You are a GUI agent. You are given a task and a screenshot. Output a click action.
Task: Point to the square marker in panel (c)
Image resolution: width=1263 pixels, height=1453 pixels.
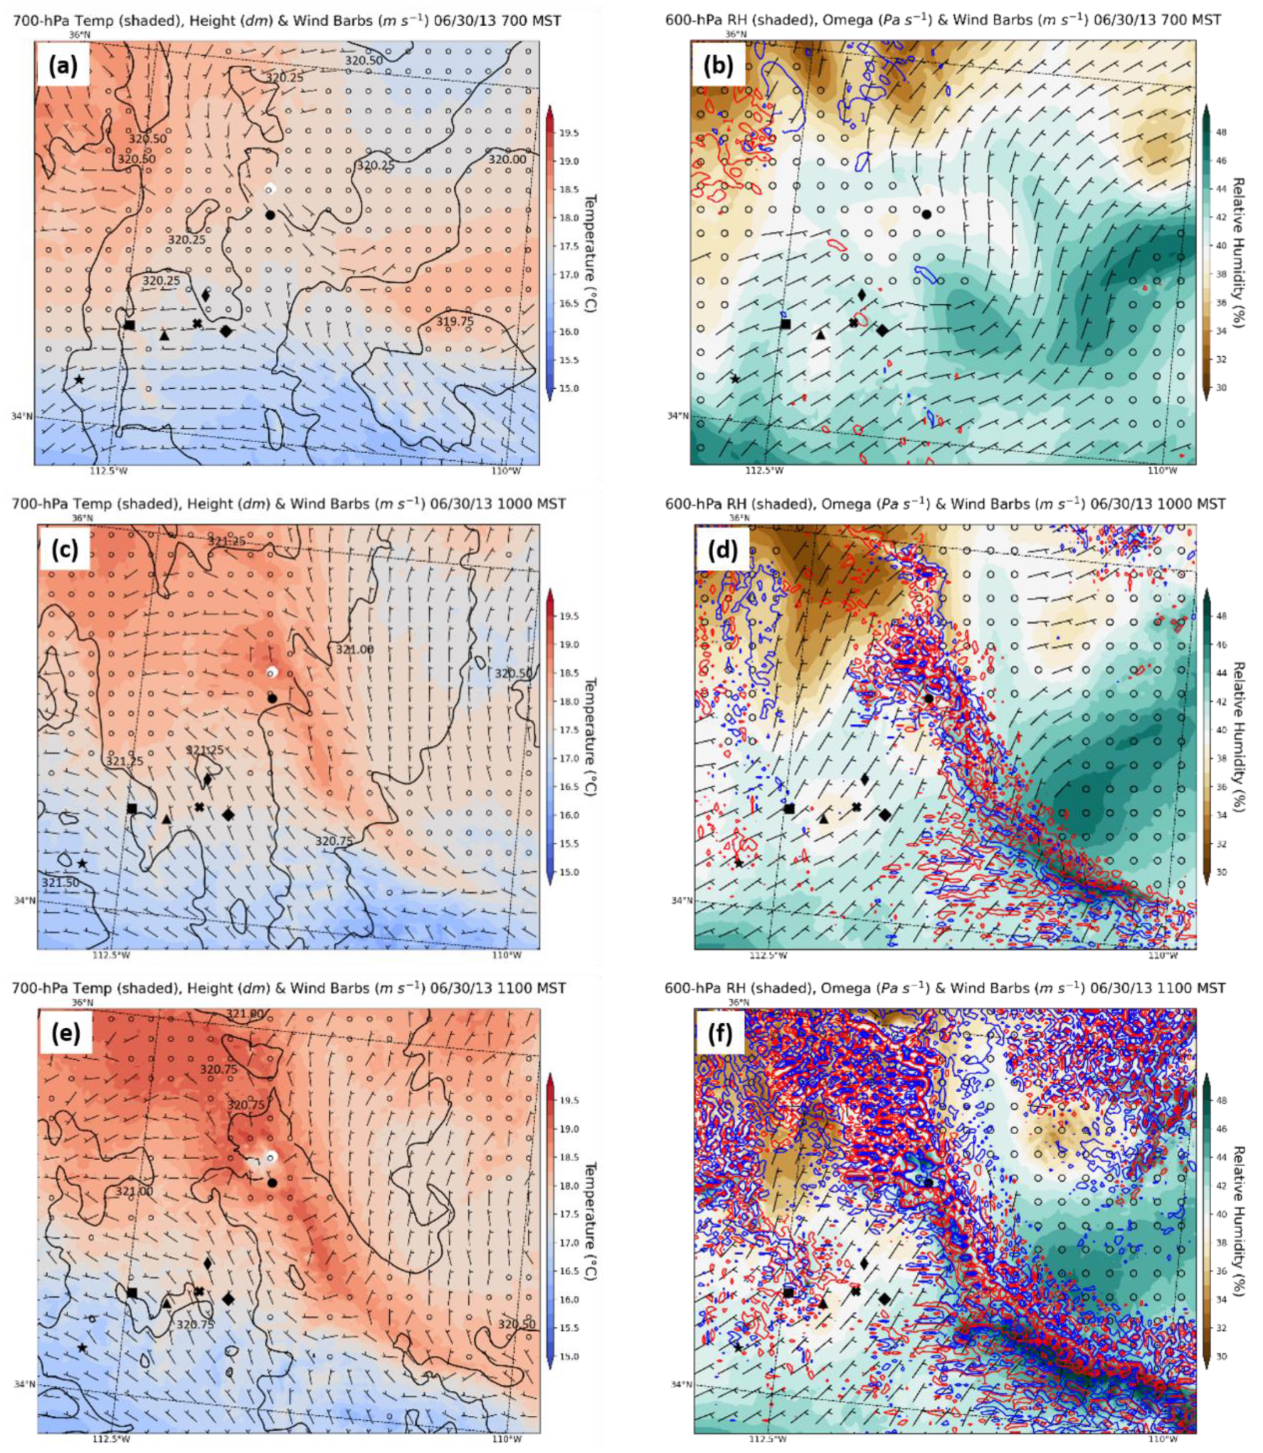(x=132, y=808)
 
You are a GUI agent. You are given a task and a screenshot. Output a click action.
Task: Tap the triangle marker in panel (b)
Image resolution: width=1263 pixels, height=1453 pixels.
(x=820, y=334)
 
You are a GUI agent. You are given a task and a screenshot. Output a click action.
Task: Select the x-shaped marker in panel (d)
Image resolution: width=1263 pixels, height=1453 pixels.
(x=856, y=807)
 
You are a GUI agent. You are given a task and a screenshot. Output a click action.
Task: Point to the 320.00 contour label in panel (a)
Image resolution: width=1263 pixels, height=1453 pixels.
(x=507, y=160)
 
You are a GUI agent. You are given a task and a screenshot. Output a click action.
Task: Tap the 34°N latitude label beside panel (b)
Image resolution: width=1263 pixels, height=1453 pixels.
(x=677, y=416)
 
